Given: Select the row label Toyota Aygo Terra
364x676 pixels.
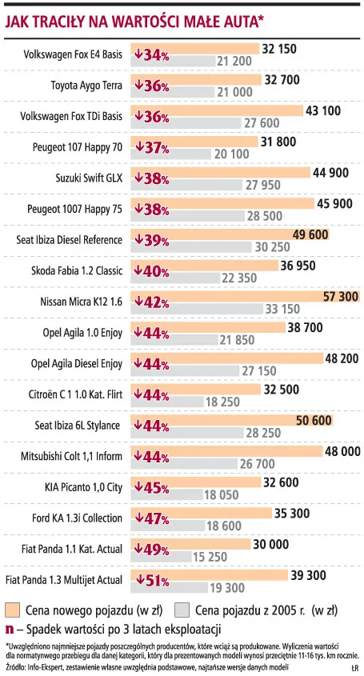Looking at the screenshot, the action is tap(86, 86).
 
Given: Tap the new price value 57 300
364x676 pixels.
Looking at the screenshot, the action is tap(340, 297).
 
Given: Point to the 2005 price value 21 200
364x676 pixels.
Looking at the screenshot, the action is tap(234, 62).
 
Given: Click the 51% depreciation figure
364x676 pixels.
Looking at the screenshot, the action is tap(152, 581).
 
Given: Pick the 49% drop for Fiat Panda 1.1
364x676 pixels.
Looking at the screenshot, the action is tap(151, 550).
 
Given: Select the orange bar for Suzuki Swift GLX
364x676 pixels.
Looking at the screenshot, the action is tap(220, 173).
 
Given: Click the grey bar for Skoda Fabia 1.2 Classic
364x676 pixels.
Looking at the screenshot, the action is tap(176, 278).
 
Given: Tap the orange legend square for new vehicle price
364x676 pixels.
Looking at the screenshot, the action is tap(13, 610).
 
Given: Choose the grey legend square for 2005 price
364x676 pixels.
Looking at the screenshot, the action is tap(182, 610).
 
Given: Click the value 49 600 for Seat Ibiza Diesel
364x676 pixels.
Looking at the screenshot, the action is tap(310, 235).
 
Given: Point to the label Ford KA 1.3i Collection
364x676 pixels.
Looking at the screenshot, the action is tap(77, 518).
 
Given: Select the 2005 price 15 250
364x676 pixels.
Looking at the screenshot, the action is tap(210, 557).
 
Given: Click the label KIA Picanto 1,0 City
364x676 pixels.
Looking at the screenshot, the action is tap(83, 487).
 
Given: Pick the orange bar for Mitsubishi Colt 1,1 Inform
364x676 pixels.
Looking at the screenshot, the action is tap(227, 451).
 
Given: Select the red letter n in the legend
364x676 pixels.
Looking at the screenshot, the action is tap(9, 630).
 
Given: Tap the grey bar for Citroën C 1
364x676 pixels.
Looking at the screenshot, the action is tap(167, 402).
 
